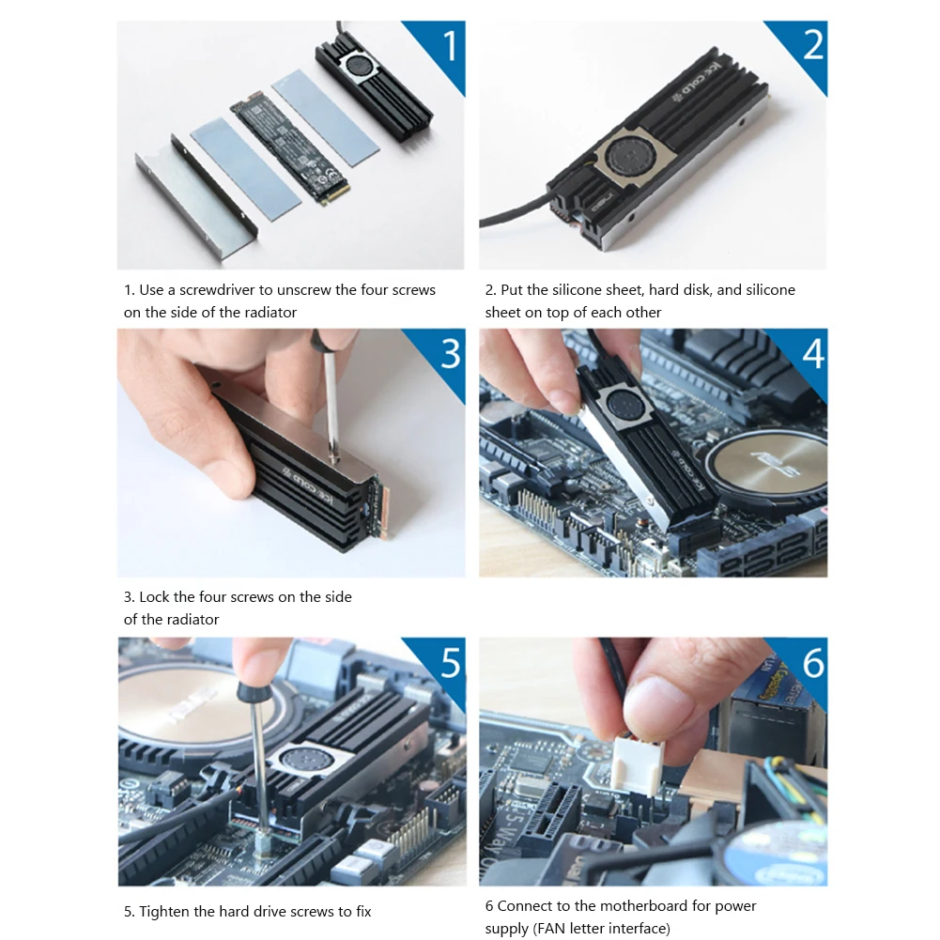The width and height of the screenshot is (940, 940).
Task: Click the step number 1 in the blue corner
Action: pyautogui.click(x=449, y=47)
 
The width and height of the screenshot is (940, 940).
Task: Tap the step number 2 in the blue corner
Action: pyautogui.click(x=812, y=47)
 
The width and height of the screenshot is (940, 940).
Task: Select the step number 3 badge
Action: pyautogui.click(x=449, y=355)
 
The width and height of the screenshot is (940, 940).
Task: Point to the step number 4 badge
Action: pyautogui.click(x=812, y=355)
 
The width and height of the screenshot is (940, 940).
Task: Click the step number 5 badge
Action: pyautogui.click(x=449, y=663)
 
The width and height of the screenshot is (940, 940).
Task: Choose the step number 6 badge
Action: pyautogui.click(x=812, y=663)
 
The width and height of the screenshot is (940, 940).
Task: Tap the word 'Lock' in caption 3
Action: pyautogui.click(x=155, y=597)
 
